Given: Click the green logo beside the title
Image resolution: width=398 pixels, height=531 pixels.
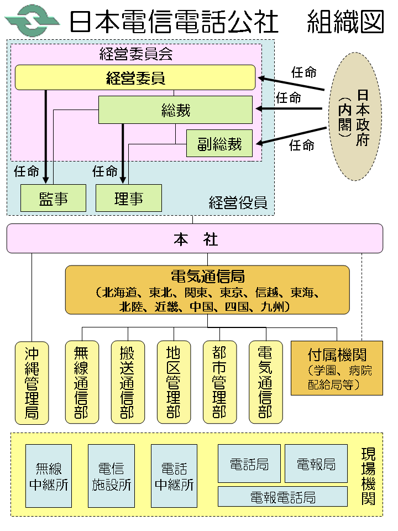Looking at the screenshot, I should coord(33,21).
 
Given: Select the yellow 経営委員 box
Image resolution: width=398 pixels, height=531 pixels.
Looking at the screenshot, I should coord(135,77).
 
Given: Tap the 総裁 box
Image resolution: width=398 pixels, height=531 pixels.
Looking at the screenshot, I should coord(175,110).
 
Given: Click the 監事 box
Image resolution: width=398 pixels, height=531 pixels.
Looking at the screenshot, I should coord(53,198).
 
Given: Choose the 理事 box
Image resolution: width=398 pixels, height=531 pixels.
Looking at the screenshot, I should coord(128,198).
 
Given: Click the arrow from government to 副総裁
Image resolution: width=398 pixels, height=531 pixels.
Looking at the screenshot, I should coord(290,136).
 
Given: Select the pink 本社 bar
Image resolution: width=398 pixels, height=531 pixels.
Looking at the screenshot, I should coord(195,238).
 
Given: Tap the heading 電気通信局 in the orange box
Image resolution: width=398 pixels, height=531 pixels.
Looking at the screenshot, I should coord(207,276).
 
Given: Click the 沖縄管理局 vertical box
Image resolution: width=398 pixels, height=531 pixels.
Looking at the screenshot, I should coord(32,382).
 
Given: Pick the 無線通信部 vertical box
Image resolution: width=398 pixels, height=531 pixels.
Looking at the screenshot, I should coord(81,382).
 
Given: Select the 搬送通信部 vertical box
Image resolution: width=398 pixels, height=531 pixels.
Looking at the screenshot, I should coord(127,382).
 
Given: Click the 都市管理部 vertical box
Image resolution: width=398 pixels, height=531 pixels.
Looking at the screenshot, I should coord(219,382).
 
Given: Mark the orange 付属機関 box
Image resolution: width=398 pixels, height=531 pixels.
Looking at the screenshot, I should coord(337,367).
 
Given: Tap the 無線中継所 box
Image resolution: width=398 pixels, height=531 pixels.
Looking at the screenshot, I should coord(49,476).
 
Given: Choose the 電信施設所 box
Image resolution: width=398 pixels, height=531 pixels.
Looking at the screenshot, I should coord(111,476).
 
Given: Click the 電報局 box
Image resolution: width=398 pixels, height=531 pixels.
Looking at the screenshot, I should coord(316,464).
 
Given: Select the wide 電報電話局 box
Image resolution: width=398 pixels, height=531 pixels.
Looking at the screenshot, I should coord(282,497).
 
